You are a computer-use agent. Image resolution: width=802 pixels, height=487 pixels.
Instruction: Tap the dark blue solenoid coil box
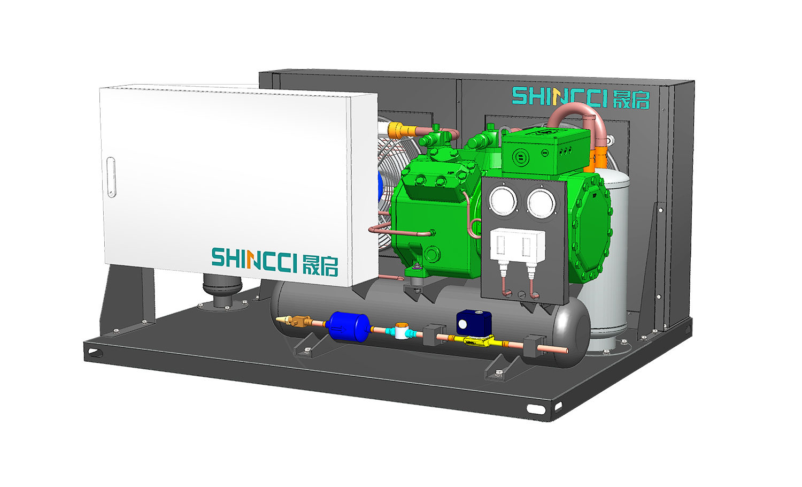(x=473, y=323)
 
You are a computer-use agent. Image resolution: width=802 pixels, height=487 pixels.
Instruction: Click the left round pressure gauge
(x=504, y=200)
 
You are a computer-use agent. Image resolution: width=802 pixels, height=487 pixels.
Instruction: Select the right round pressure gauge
(x=541, y=203)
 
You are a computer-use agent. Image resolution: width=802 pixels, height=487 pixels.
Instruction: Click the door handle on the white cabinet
(x=111, y=177)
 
